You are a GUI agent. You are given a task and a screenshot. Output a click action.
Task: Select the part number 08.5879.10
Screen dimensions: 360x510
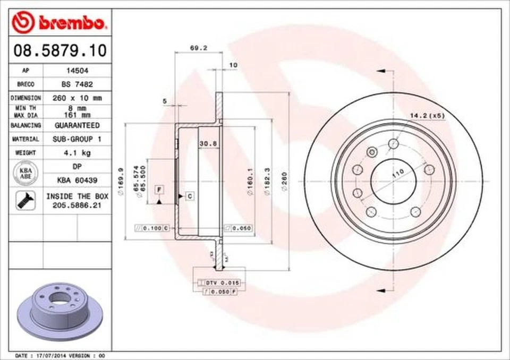[59, 51]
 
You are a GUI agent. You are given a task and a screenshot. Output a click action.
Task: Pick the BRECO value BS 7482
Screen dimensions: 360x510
[76, 84]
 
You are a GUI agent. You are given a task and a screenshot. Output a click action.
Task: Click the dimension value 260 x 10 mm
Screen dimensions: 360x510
[78, 98]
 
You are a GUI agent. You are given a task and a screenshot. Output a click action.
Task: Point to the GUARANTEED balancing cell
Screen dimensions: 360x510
[77, 125]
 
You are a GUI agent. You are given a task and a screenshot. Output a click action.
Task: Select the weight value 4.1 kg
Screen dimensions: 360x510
[77, 153]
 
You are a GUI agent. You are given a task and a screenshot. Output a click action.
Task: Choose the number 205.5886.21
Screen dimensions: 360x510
[77, 205]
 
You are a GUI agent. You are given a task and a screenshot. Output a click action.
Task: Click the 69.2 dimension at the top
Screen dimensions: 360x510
[198, 48]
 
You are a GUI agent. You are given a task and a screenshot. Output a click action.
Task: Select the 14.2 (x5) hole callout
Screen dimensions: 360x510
[427, 115]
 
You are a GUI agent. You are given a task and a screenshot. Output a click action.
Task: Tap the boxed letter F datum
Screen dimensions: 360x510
[159, 189]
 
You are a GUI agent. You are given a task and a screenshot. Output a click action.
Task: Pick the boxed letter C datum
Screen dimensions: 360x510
[190, 196]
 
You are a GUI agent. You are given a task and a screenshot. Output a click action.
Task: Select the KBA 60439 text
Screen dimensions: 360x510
[77, 181]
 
